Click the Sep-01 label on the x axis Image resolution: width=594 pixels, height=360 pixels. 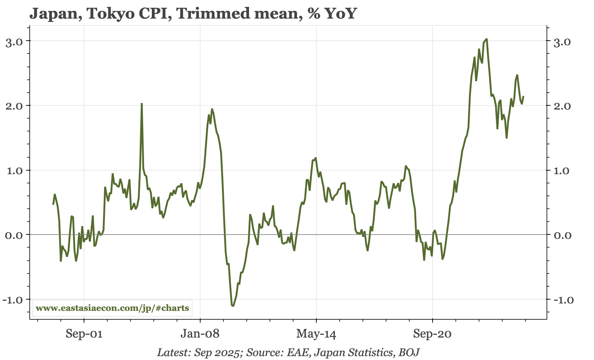84,334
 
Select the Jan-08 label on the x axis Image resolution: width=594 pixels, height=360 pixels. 200,334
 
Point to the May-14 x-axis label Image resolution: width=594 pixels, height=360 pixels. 316,334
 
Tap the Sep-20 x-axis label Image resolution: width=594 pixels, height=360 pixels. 433,334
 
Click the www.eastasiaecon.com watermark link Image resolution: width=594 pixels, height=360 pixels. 112,308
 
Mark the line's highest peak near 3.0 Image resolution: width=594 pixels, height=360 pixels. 486,39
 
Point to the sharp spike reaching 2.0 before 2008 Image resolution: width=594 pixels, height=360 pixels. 142,104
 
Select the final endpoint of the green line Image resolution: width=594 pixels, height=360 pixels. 524,96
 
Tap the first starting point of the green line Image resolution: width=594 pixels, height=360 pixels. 53,204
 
